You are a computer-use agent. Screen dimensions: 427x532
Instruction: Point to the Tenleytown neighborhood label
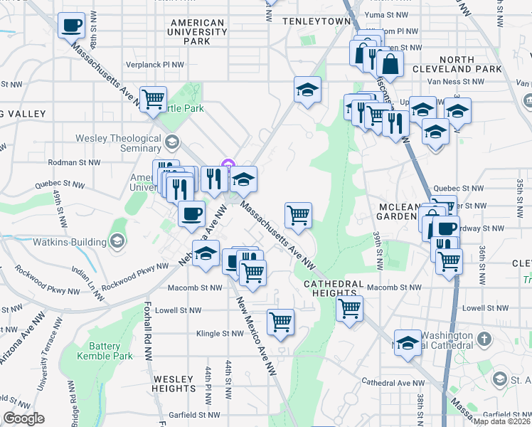[317, 21]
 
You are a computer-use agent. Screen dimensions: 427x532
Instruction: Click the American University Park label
[197, 32]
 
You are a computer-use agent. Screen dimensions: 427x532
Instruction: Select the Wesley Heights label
[174, 384]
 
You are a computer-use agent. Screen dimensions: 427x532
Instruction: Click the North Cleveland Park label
[467, 64]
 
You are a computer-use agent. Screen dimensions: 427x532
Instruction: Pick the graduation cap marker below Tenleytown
[307, 90]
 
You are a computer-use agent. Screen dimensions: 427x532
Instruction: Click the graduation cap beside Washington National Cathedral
[408, 344]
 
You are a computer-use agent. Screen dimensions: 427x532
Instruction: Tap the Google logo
[23, 418]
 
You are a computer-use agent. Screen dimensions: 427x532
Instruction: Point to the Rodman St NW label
[74, 162]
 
